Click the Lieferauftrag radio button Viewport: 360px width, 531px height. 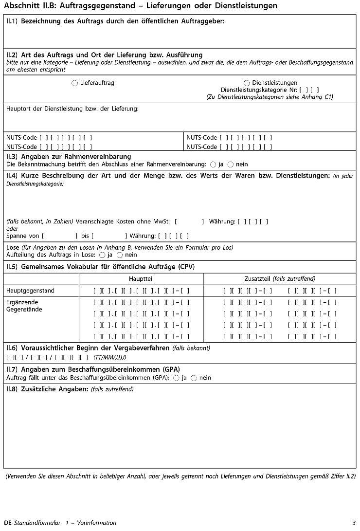tap(74, 83)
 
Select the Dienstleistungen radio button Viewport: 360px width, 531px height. tap(247, 83)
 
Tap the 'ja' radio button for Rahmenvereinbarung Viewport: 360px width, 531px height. tap(213, 165)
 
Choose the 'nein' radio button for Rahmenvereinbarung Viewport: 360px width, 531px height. tap(231, 165)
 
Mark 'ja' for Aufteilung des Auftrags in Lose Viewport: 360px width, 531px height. tap(102, 255)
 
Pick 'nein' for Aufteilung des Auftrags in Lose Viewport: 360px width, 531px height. tap(120, 255)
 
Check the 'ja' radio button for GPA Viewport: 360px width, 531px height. tap(176, 378)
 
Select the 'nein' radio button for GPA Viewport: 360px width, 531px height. tap(194, 378)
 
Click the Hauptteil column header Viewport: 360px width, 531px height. tap(141, 279)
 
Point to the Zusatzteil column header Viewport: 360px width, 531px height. tap(280, 279)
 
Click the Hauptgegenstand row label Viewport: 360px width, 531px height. tap(30, 291)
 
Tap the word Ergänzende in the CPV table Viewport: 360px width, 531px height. tap(22, 302)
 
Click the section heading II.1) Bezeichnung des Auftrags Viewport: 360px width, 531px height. tap(115, 21)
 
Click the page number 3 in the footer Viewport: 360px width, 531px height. tap(354, 523)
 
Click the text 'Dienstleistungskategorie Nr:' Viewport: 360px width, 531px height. tap(258, 90)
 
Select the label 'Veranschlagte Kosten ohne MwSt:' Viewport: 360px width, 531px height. tap(122, 221)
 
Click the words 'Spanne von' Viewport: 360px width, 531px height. tap(23, 236)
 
